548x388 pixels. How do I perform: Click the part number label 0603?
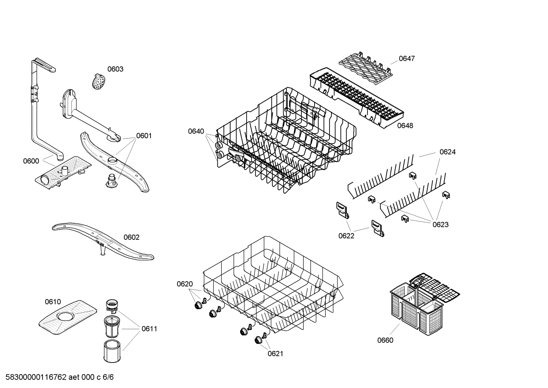click(115, 69)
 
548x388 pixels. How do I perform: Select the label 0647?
click(407, 59)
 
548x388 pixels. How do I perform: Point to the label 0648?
click(405, 126)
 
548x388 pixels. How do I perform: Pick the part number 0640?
click(196, 131)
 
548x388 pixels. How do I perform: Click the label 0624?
click(447, 152)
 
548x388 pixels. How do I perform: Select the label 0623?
click(440, 225)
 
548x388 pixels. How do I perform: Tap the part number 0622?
click(346, 236)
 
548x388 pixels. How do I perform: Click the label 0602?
click(131, 237)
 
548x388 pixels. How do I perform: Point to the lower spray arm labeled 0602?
click(103, 242)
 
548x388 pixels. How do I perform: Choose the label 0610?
click(53, 302)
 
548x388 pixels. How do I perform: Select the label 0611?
click(149, 329)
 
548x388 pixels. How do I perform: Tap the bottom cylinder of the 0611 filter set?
click(112, 351)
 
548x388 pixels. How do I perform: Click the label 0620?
click(185, 284)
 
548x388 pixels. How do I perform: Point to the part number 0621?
click(276, 354)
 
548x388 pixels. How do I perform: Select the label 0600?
click(31, 161)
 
